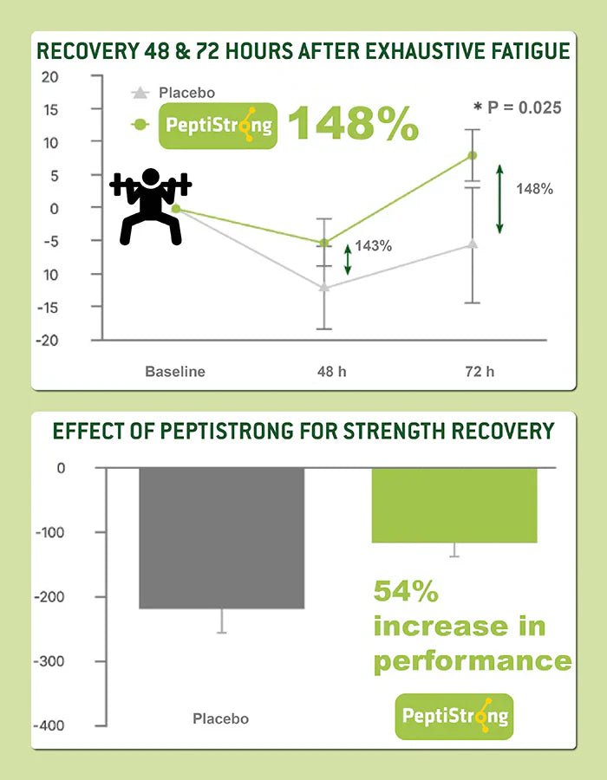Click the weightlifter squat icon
pyautogui.click(x=151, y=206)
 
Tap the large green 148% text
pyautogui.click(x=353, y=124)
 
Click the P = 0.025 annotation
pyautogui.click(x=517, y=107)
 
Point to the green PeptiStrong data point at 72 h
pyautogui.click(x=473, y=155)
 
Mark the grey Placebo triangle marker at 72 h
pyautogui.click(x=473, y=244)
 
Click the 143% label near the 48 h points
pyautogui.click(x=373, y=246)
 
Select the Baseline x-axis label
pyautogui.click(x=175, y=372)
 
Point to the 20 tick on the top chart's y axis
pyautogui.click(x=49, y=76)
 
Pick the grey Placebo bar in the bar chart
pyautogui.click(x=222, y=537)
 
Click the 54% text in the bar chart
pyautogui.click(x=406, y=592)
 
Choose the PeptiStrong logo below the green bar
pyautogui.click(x=454, y=716)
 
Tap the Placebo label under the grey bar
pyautogui.click(x=220, y=718)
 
